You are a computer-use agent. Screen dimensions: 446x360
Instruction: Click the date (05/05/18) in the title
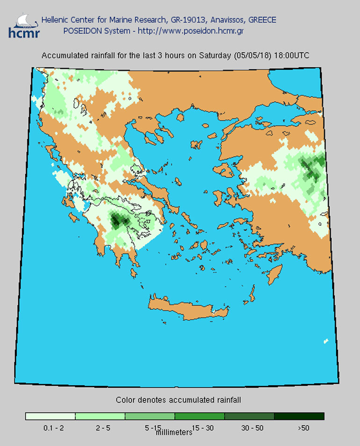pyautogui.click(x=251, y=56)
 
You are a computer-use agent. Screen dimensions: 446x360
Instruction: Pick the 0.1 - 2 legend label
pyautogui.click(x=50, y=428)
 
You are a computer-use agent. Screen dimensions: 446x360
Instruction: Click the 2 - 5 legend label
pyautogui.click(x=100, y=428)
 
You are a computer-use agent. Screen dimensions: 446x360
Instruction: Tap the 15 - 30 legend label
pyautogui.click(x=200, y=428)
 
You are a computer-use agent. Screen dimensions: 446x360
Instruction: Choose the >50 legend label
pyautogui.click(x=302, y=428)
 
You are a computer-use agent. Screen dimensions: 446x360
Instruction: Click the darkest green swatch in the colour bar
pyautogui.click(x=299, y=416)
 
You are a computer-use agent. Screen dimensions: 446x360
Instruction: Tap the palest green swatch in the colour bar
pyautogui.click(x=50, y=416)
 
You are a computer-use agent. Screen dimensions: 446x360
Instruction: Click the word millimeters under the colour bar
pyautogui.click(x=174, y=432)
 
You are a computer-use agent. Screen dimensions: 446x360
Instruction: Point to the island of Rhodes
pyautogui.click(x=275, y=273)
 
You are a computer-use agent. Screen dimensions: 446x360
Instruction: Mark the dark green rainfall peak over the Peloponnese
pyautogui.click(x=117, y=219)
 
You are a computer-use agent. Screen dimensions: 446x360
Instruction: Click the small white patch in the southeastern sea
pyautogui.click(x=326, y=341)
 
